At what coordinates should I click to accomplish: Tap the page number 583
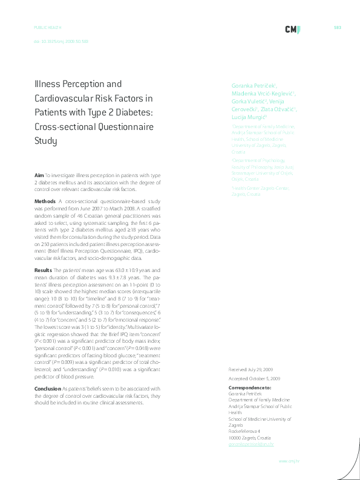tap(338, 28)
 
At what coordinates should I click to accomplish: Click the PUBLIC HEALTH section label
tap(48, 28)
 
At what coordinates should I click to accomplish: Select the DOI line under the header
tap(61, 41)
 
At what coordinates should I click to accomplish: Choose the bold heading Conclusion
tap(48, 389)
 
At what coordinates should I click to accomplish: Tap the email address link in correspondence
tap(251, 444)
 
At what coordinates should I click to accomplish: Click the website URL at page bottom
tap(289, 461)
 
